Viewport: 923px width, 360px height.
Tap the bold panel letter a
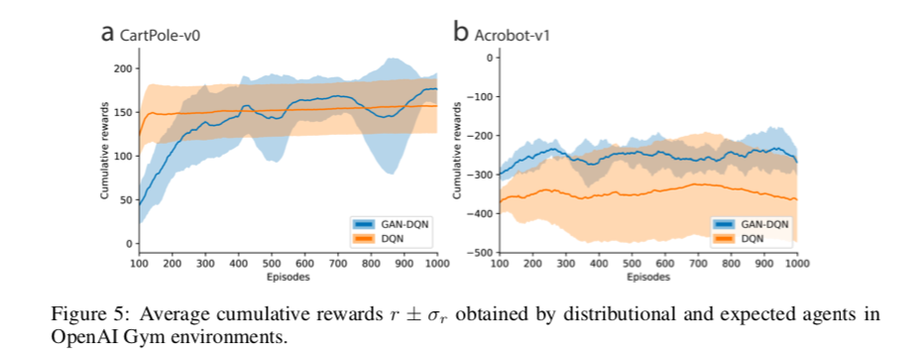click(x=108, y=33)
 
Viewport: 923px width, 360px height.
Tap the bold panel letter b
click(x=461, y=32)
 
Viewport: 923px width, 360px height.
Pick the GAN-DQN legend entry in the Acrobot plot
click(x=753, y=224)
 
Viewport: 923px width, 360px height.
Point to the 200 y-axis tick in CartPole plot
click(x=122, y=68)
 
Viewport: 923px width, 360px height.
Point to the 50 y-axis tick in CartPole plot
click(x=125, y=199)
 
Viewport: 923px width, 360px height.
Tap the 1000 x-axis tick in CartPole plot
click(x=435, y=265)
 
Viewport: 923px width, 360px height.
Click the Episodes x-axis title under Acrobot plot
click(x=647, y=278)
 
